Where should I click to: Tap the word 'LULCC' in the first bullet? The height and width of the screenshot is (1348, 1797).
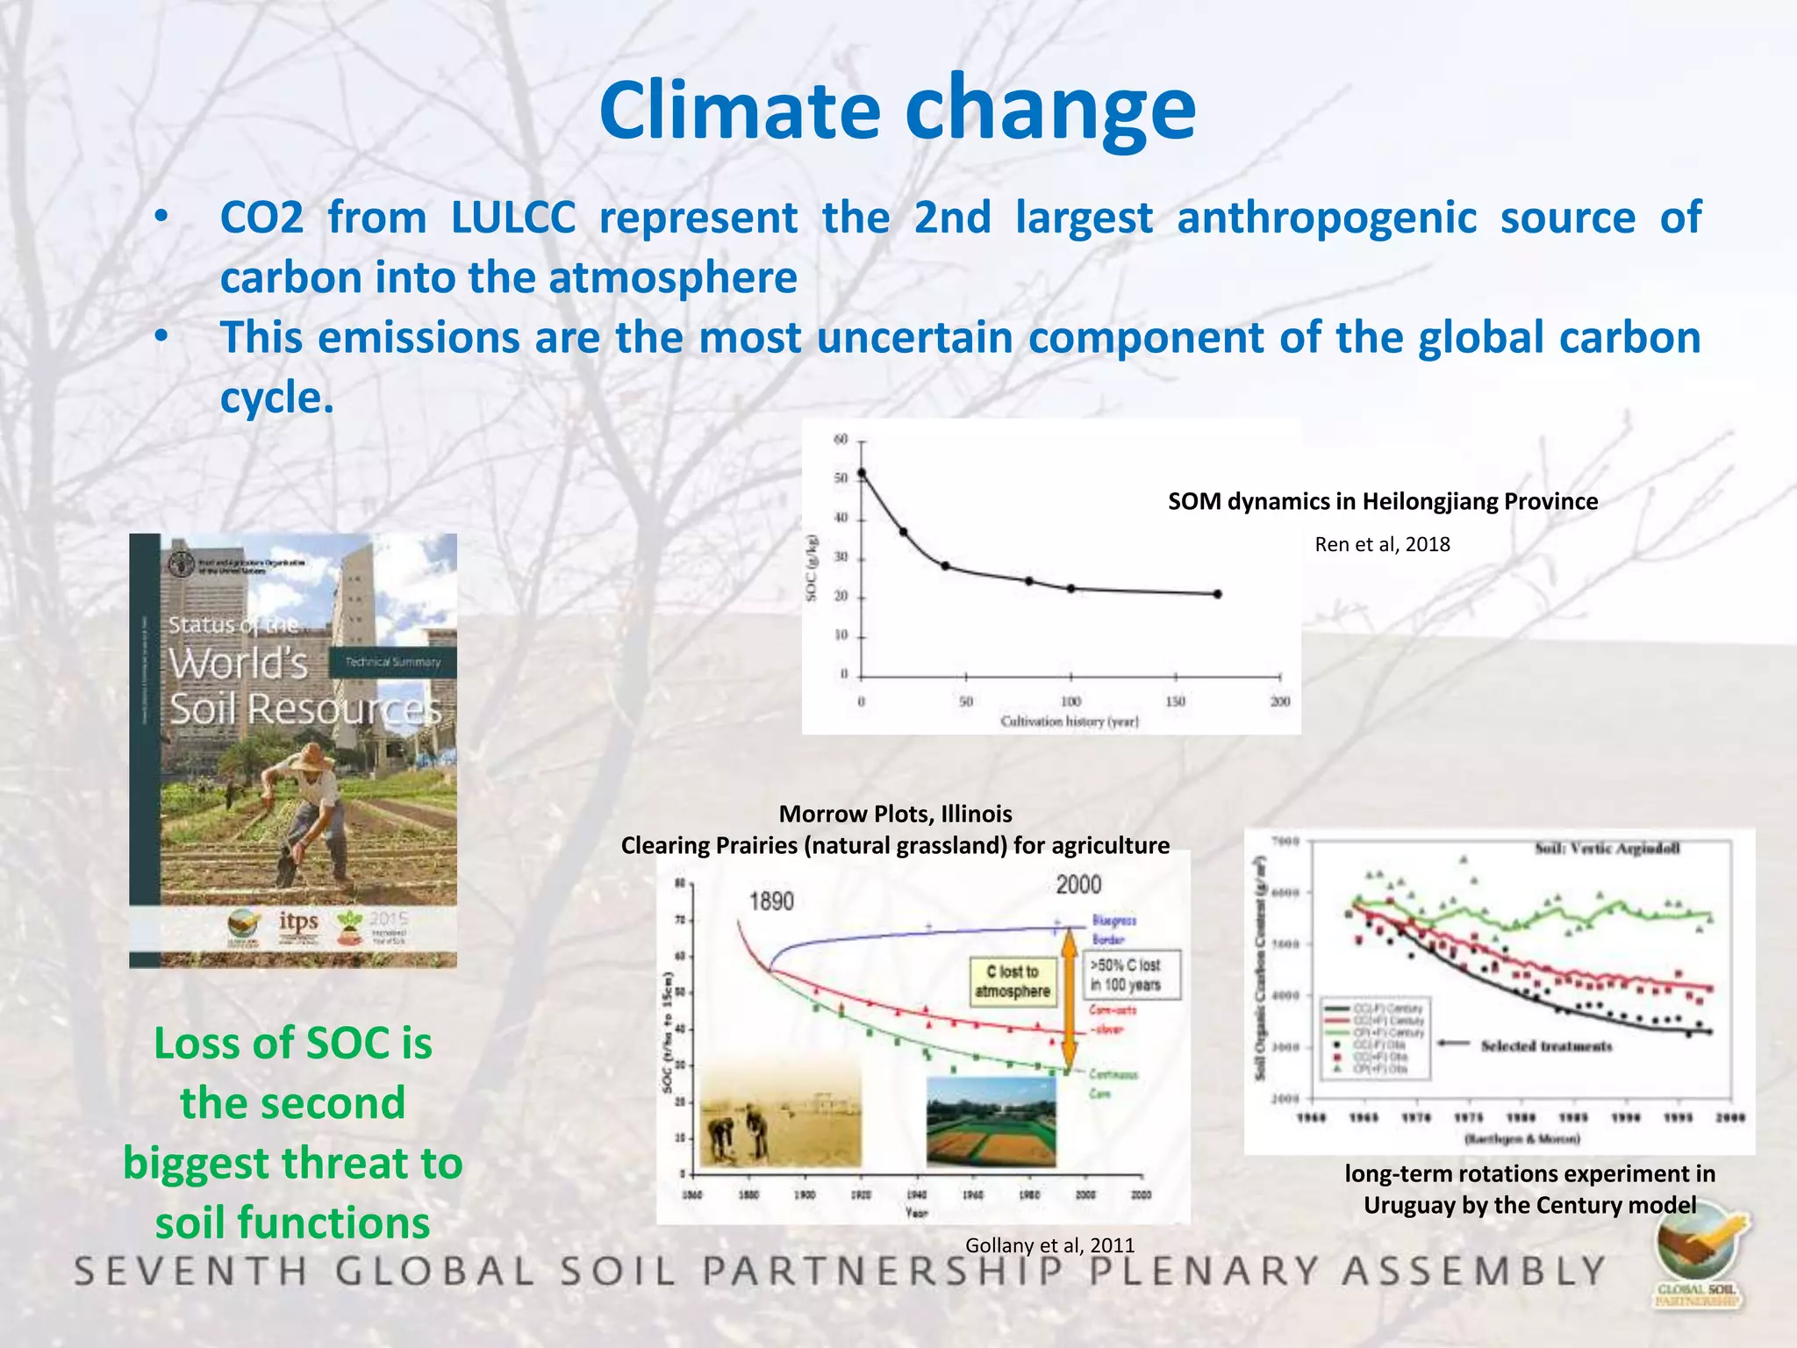pyautogui.click(x=512, y=218)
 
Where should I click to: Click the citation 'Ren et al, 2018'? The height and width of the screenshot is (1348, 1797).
pyautogui.click(x=1381, y=544)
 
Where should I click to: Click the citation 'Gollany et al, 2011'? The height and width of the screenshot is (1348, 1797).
pyautogui.click(x=1049, y=1244)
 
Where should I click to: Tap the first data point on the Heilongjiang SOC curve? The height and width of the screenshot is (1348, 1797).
pyautogui.click(x=862, y=473)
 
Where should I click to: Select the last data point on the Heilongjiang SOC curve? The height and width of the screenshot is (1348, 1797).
pyautogui.click(x=1217, y=594)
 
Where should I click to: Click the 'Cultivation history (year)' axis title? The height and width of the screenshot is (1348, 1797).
pyautogui.click(x=1070, y=721)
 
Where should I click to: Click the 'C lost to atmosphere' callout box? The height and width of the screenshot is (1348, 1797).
pyautogui.click(x=1012, y=981)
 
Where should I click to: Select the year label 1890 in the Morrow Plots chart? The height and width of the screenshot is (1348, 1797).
pyautogui.click(x=771, y=901)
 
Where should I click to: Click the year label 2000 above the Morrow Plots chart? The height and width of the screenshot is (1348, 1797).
pyautogui.click(x=1078, y=884)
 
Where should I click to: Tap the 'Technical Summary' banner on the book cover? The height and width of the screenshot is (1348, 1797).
pyautogui.click(x=392, y=662)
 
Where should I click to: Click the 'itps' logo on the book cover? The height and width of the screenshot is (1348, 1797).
pyautogui.click(x=298, y=921)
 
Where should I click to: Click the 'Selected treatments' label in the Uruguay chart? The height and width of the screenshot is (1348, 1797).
pyautogui.click(x=1546, y=1046)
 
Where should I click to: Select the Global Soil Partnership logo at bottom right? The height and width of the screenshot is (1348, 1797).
pyautogui.click(x=1699, y=1260)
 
